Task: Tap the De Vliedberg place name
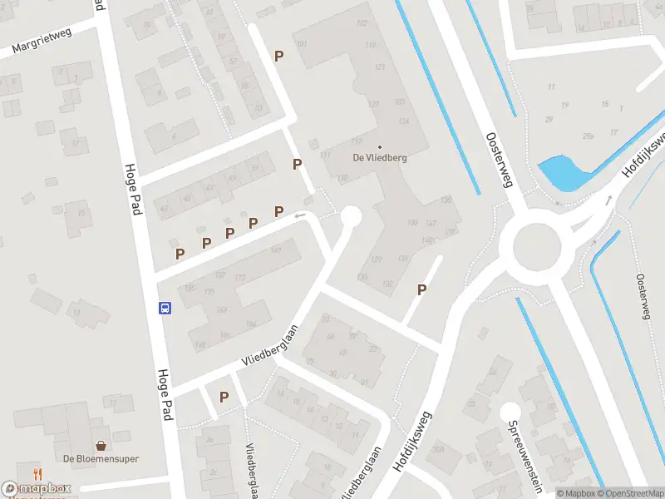pos(379,157)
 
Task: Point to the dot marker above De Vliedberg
pos(380,147)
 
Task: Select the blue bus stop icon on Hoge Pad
pos(165,308)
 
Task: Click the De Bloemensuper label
pos(101,459)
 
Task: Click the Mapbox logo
pos(37,490)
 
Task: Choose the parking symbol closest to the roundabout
pos(422,290)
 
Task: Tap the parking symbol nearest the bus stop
pos(180,254)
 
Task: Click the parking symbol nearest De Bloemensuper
pos(224,398)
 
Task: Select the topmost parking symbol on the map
pos(279,56)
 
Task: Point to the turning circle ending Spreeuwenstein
pos(510,411)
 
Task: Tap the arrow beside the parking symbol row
pos(301,216)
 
